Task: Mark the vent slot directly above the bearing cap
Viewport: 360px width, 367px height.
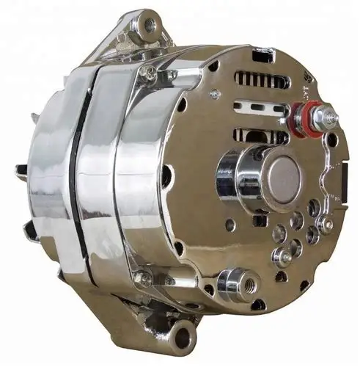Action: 257,136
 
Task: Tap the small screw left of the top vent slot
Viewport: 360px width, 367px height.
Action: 215,94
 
